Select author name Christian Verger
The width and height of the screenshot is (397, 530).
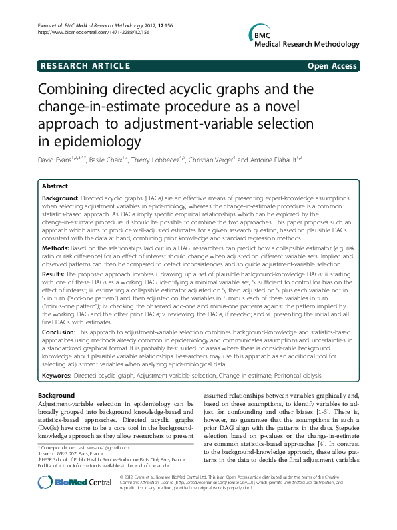coord(219,160)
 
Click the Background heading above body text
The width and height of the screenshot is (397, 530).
coord(57,396)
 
